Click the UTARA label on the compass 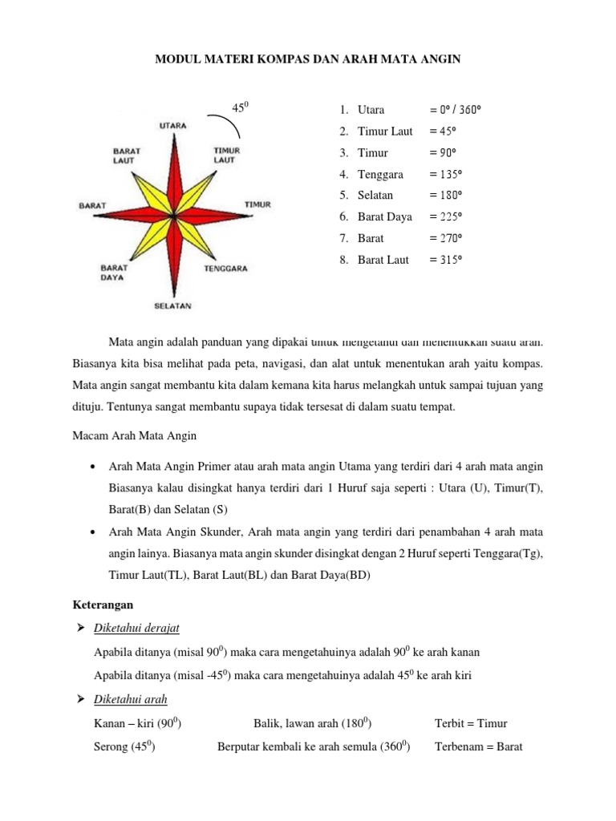click(x=174, y=125)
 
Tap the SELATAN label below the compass click(x=172, y=305)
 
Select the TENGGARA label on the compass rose click(x=225, y=269)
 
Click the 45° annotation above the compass click(x=239, y=107)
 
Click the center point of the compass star click(x=173, y=216)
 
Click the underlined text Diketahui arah click(x=130, y=699)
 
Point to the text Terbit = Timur click(x=471, y=723)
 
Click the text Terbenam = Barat click(x=478, y=747)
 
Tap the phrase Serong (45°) click(x=124, y=747)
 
